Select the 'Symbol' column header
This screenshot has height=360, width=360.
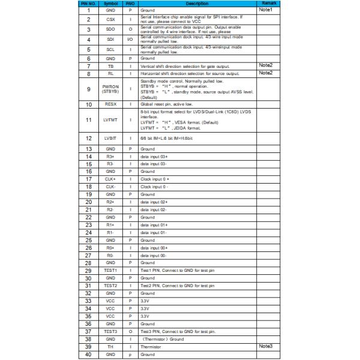[x=110, y=4]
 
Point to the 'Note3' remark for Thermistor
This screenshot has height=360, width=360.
[x=265, y=346]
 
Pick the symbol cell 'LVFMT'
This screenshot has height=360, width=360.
[x=110, y=119]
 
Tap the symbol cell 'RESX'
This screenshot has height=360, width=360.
[x=110, y=104]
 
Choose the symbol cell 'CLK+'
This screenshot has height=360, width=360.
[x=110, y=179]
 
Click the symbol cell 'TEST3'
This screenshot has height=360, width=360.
[x=110, y=331]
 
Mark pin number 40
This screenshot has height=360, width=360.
[x=88, y=355]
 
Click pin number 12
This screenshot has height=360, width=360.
[x=88, y=138]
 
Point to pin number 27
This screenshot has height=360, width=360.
[x=88, y=254]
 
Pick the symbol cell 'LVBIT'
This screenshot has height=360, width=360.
[x=110, y=138]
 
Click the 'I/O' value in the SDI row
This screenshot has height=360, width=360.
[x=130, y=39]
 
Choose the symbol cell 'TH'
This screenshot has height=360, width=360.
[x=110, y=347]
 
